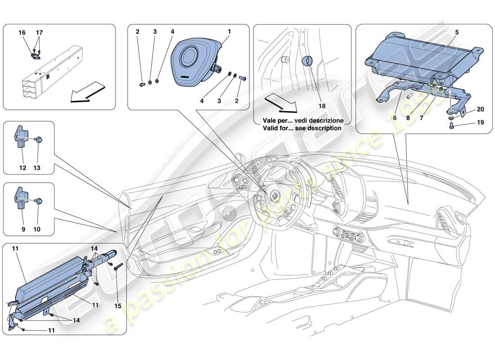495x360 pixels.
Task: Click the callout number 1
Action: coord(229,32)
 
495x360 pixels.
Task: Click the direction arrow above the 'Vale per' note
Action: coord(281,103)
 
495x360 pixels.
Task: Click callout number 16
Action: coord(22,32)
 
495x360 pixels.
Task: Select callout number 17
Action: coord(39,32)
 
